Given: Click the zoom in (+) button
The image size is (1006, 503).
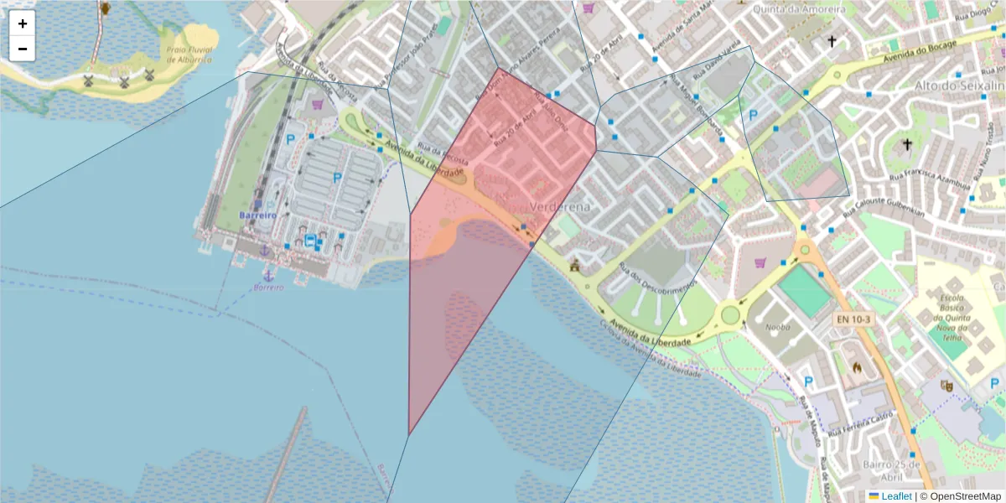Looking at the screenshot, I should pos(23,23).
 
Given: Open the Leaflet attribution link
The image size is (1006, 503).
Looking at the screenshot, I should pos(896,496).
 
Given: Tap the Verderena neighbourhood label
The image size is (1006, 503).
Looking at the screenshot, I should pos(561,206).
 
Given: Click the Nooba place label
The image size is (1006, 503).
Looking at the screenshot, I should pos(780,327).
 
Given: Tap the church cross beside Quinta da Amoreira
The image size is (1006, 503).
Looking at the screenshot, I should pos(832,40).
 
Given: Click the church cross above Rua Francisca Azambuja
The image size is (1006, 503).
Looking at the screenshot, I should pos(906,145).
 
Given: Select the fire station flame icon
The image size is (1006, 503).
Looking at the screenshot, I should pos(857,366).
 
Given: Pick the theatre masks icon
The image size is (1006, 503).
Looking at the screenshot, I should pos(947,386).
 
